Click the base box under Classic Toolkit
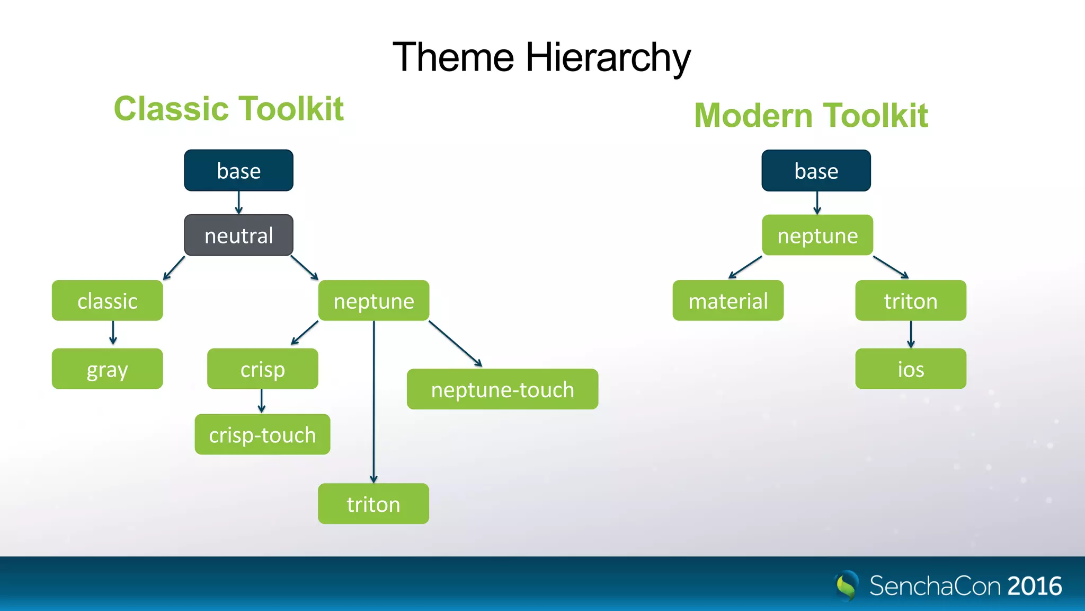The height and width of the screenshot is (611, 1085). tap(238, 170)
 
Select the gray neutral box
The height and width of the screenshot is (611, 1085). tap(238, 235)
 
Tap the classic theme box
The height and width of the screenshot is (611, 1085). tap(107, 300)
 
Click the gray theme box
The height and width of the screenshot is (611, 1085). tap(107, 369)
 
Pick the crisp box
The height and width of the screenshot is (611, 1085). tap(262, 369)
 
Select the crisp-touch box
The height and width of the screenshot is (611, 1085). tap(262, 434)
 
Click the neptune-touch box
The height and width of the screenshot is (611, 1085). tap(502, 389)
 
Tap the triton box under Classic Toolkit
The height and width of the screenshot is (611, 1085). tap(373, 503)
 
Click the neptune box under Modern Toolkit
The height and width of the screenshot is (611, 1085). tap(817, 235)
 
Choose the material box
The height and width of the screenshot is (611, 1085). tap(727, 300)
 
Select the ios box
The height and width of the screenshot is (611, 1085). tap(910, 369)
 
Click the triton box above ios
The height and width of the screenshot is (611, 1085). tap(910, 300)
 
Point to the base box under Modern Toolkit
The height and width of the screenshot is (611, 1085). tap(816, 170)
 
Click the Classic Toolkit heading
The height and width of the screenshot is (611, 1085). tap(229, 109)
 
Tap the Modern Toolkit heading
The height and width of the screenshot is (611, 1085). tap(811, 116)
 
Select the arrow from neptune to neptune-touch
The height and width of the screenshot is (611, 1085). tap(455, 343)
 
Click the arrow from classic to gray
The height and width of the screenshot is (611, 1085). tap(113, 333)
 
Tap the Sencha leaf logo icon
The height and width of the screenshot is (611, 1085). tap(847, 585)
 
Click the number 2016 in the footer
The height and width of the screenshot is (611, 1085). tap(1034, 586)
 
